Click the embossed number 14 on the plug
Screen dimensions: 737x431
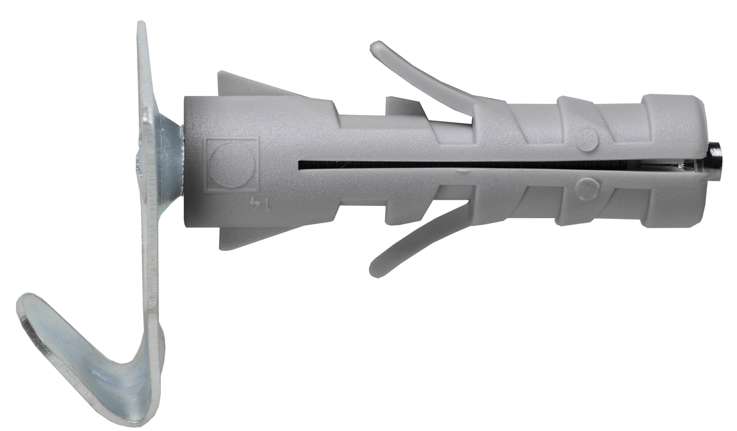[x=260, y=204]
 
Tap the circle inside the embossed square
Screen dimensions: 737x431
[x=232, y=164]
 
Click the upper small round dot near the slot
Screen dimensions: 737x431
[x=587, y=140]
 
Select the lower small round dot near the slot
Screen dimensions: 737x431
[x=587, y=189]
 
